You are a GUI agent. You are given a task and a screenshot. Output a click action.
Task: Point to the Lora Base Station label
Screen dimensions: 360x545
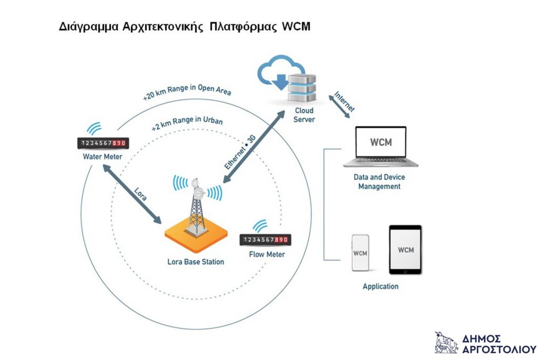click(195, 262)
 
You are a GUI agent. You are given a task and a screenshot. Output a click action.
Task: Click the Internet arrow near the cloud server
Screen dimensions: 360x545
click(343, 104)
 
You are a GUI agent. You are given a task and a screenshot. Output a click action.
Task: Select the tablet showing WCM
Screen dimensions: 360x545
click(405, 250)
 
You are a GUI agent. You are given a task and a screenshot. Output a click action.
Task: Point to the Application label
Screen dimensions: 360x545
click(381, 287)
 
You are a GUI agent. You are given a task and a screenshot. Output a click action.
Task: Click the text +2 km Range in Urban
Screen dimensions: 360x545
click(186, 124)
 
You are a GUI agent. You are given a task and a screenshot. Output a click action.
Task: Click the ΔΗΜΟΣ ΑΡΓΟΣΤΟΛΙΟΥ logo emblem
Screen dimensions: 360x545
click(445, 342)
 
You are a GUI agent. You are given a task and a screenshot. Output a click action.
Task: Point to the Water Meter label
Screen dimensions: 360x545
click(102, 157)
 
